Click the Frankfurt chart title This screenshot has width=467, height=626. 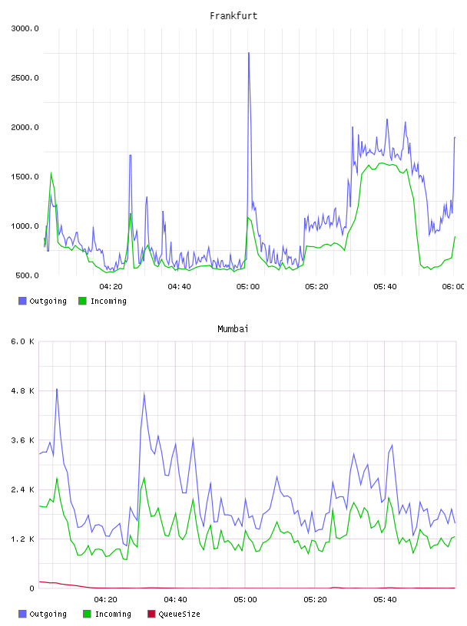(233, 16)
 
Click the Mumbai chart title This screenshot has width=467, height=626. (233, 329)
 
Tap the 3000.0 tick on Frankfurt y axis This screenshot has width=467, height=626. (25, 28)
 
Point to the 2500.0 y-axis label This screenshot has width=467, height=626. (25, 77)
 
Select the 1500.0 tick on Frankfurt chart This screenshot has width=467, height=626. (25, 177)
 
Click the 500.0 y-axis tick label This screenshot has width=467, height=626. (27, 275)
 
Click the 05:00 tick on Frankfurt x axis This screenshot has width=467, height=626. (248, 287)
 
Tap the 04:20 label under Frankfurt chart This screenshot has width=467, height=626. (111, 287)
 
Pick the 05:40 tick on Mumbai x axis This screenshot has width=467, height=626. (385, 600)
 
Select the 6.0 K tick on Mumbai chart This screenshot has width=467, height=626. (23, 341)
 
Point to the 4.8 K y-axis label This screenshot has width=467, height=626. (23, 391)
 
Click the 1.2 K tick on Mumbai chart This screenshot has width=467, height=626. (23, 539)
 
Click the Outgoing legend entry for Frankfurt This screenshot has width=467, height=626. (43, 301)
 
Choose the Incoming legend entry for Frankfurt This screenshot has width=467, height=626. (103, 301)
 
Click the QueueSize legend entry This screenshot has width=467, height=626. (174, 614)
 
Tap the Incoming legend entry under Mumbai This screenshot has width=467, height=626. (108, 614)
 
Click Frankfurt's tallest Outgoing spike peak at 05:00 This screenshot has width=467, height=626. (249, 53)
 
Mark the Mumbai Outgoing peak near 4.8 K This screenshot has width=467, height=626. (57, 389)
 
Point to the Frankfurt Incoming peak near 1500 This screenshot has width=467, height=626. (51, 173)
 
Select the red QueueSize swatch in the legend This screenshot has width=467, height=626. (151, 614)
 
